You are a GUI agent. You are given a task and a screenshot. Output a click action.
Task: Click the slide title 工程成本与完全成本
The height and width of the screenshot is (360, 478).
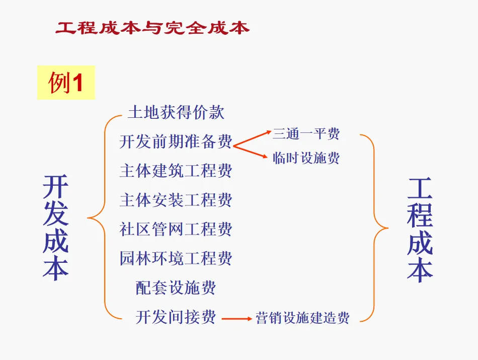click(x=152, y=28)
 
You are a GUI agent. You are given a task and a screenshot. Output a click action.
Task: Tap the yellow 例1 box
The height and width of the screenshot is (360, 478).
click(x=65, y=82)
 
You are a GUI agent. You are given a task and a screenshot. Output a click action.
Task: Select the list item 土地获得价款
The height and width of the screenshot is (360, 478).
click(x=176, y=112)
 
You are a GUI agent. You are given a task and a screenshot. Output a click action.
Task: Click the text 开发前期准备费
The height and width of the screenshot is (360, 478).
click(x=176, y=141)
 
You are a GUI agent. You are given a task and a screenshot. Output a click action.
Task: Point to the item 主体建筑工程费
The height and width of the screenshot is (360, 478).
click(x=176, y=171)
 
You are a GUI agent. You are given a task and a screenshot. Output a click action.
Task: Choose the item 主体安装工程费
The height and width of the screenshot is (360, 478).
click(x=176, y=200)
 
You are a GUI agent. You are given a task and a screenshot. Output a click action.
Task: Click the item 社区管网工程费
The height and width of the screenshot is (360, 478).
click(x=176, y=229)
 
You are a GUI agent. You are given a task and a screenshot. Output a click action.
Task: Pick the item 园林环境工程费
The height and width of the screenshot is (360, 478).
click(x=176, y=258)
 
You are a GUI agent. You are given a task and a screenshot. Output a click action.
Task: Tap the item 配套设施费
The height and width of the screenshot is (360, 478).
click(x=176, y=287)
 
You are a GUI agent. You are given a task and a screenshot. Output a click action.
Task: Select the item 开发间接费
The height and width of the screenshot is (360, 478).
click(x=176, y=317)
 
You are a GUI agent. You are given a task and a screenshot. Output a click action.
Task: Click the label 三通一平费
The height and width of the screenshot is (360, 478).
click(x=306, y=133)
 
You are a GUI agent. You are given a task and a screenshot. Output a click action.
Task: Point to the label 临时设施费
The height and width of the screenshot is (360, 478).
click(x=306, y=158)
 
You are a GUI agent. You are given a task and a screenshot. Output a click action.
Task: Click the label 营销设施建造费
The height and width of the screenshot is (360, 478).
click(x=302, y=318)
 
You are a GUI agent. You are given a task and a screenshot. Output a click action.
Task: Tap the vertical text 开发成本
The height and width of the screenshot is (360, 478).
click(x=55, y=228)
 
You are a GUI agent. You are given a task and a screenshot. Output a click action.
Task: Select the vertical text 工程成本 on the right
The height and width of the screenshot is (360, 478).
click(x=420, y=229)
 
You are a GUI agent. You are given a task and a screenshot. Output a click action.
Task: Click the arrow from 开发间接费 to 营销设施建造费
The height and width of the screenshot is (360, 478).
click(x=236, y=318)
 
